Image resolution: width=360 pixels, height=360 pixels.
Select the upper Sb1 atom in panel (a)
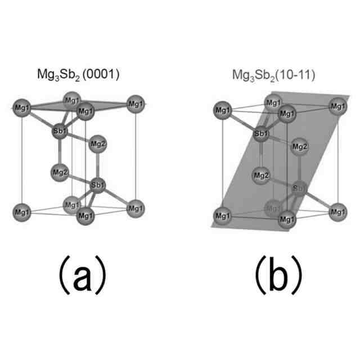pos(60,132)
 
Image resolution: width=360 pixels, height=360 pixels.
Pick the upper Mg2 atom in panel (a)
pos(98,143)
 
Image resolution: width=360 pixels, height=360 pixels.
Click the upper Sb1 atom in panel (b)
pos(261,134)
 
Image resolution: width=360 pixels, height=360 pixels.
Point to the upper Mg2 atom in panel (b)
pos(299,147)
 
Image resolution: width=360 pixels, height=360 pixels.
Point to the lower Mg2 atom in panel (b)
pos(261,175)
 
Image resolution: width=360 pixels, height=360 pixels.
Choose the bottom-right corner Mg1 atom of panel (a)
pos(134,209)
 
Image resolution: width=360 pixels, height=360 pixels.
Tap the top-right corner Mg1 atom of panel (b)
pos(336,107)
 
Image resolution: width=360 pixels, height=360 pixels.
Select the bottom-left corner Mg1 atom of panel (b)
pos(223,214)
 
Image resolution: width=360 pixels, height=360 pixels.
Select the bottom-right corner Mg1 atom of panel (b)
pos(336,213)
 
